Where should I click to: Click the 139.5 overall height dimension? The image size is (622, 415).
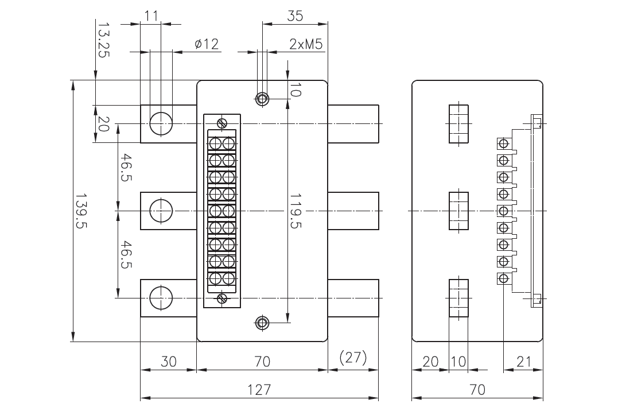(81, 211)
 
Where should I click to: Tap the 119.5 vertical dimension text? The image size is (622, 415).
(296, 211)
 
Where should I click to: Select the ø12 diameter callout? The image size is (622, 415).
(207, 44)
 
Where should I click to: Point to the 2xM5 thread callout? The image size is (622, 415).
(306, 44)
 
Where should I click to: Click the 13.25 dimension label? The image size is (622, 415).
(103, 40)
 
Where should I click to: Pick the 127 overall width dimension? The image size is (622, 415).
(259, 390)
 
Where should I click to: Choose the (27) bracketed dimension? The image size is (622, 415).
(353, 358)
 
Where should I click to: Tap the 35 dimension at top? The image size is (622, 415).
(295, 16)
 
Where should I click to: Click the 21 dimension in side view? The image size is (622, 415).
(524, 362)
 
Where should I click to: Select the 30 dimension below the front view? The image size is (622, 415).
(169, 362)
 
